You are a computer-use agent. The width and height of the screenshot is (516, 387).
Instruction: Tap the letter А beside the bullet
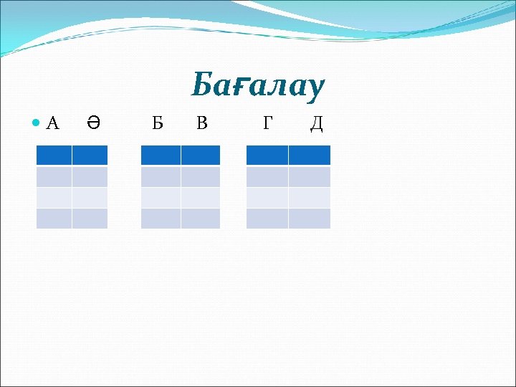click(x=52, y=124)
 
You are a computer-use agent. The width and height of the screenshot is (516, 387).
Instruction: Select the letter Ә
click(x=92, y=124)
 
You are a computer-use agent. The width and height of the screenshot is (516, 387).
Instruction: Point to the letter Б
click(x=157, y=124)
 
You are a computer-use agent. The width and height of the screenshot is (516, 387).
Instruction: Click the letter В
click(x=201, y=124)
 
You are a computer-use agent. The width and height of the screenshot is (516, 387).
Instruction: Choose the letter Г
click(x=267, y=124)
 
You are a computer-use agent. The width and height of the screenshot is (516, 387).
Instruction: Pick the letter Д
click(x=316, y=124)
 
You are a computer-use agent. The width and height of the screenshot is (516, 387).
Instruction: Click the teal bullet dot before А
click(x=37, y=124)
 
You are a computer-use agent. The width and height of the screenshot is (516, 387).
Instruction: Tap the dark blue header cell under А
click(x=54, y=156)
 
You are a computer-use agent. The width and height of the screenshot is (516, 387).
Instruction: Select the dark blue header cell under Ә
click(x=90, y=156)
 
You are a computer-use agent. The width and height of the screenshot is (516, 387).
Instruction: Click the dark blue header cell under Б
click(x=161, y=156)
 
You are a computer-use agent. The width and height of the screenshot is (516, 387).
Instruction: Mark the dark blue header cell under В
click(x=201, y=156)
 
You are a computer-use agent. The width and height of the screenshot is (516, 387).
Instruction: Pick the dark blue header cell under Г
click(x=267, y=156)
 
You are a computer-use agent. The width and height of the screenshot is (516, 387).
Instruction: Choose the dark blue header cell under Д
click(x=310, y=156)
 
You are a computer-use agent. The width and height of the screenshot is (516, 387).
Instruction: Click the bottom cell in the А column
click(x=54, y=219)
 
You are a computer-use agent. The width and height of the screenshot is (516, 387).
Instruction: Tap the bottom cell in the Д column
click(x=310, y=219)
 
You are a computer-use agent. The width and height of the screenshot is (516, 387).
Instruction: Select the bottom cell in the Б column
click(x=161, y=219)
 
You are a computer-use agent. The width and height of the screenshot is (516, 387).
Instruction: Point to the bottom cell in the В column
click(x=201, y=219)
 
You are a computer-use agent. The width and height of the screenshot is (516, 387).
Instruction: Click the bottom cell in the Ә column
click(x=90, y=219)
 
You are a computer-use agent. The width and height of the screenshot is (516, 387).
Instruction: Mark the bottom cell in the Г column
click(x=267, y=219)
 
